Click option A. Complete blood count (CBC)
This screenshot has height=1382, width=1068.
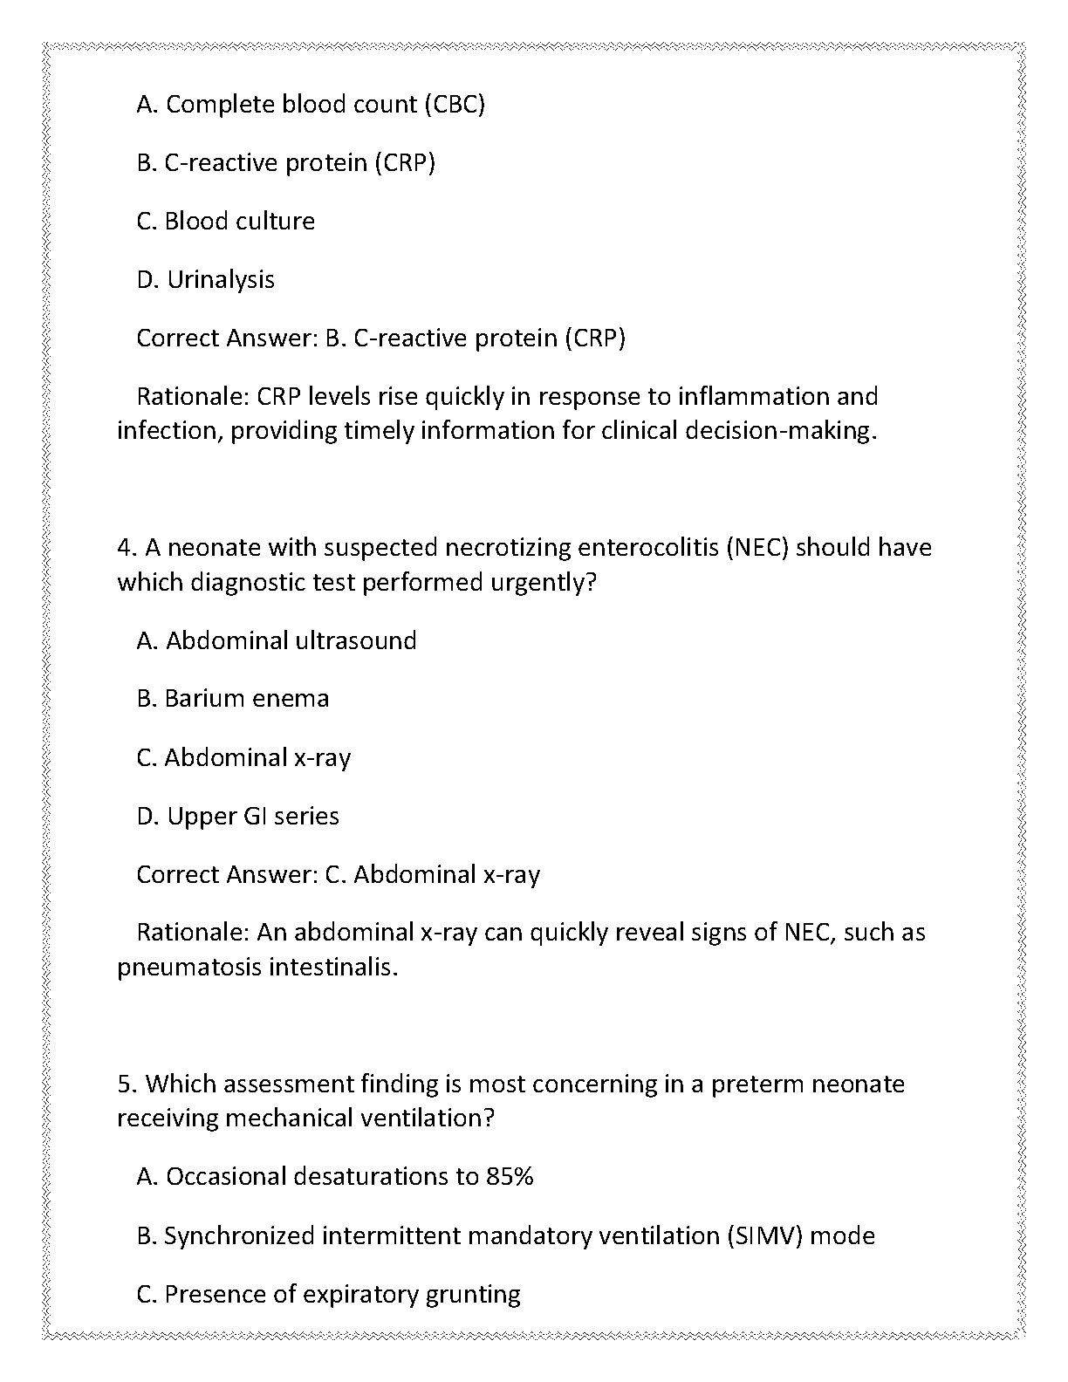(x=311, y=105)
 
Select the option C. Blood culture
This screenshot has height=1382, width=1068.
(x=225, y=222)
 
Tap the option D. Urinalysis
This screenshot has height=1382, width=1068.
(x=205, y=280)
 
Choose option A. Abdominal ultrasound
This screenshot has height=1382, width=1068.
(x=277, y=641)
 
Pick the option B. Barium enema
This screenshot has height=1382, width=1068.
(x=233, y=699)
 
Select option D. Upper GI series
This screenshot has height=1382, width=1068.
(x=237, y=817)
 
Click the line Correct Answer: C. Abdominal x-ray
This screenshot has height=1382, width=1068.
(x=339, y=875)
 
